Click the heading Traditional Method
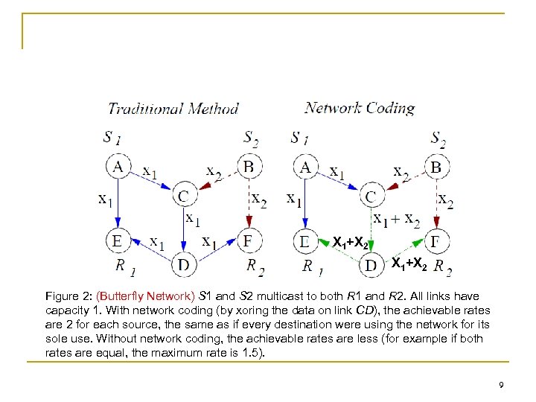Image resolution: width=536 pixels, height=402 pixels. [x=173, y=109]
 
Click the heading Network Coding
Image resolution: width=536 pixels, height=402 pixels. [x=360, y=108]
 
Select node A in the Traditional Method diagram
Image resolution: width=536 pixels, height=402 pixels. [x=118, y=167]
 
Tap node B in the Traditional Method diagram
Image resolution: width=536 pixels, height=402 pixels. [x=249, y=167]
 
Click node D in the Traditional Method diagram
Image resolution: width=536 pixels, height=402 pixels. [x=183, y=264]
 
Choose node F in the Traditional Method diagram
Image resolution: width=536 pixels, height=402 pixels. [x=249, y=241]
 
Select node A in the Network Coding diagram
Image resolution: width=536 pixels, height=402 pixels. [x=305, y=167]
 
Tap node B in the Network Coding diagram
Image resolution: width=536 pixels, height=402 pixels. [x=435, y=167]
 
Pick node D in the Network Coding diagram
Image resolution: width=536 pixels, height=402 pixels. [x=370, y=264]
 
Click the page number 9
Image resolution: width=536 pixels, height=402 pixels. [x=502, y=385]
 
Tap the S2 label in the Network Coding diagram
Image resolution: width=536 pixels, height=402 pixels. [x=438, y=138]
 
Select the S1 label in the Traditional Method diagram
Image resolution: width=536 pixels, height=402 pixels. [x=113, y=138]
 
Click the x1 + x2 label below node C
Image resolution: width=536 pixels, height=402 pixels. [x=397, y=220]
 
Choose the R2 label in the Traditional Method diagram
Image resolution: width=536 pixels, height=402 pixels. [x=256, y=267]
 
